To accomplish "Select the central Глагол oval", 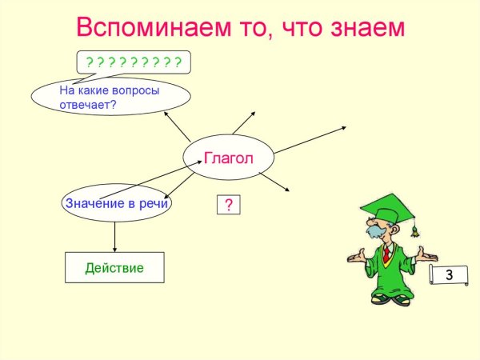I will click(x=229, y=158).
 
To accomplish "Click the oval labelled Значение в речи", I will click(x=118, y=203).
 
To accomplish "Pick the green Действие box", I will click(x=114, y=267).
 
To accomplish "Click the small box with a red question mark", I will click(x=229, y=206).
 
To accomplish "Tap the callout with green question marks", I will click(x=134, y=62).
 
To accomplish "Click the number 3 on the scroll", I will click(x=450, y=275).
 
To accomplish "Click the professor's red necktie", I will click(x=386, y=255).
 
